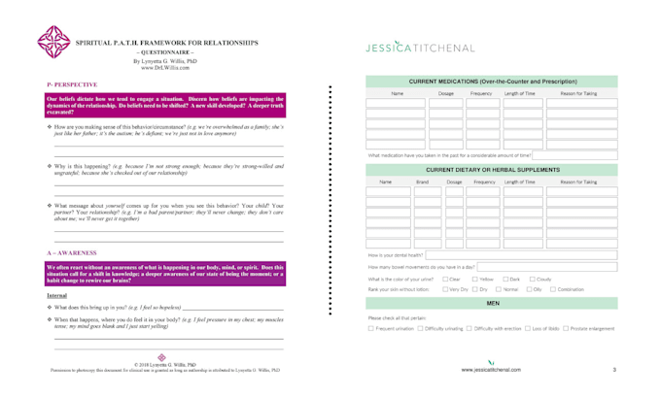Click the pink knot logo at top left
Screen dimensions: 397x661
pos(52,43)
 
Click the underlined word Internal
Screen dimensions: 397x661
pos(56,295)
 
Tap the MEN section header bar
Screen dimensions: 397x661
pos(492,303)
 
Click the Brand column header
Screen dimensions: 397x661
pos(423,182)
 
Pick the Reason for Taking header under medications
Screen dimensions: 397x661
pos(578,93)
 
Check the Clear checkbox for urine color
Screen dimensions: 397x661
pos(444,279)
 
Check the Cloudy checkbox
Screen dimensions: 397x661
pos(533,279)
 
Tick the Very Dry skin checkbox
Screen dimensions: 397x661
pos(444,289)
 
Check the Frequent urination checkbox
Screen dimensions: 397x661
pos(371,329)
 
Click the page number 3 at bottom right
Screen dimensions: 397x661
pos(613,370)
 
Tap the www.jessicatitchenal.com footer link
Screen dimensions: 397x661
pos(492,370)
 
